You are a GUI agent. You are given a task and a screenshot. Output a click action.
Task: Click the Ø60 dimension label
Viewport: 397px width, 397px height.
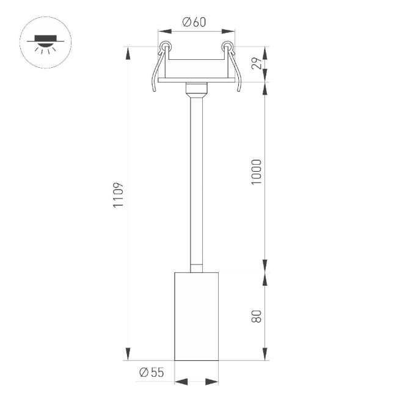coord(194,22)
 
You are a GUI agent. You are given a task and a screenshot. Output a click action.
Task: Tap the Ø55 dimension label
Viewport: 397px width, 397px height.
coord(151,372)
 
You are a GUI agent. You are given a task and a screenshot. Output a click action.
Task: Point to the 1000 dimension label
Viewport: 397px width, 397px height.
coord(257,173)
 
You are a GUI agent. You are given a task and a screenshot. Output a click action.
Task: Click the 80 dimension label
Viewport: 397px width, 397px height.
coord(257,316)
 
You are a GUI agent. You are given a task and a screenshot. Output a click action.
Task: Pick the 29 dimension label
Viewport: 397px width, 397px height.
coord(257,64)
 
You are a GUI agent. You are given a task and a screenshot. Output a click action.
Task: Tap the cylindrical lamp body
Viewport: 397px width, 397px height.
coord(196,316)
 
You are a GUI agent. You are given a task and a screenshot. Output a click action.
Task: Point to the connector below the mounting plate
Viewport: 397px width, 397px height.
coord(196,90)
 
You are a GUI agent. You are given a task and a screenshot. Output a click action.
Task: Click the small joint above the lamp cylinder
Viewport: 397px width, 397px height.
coord(196,267)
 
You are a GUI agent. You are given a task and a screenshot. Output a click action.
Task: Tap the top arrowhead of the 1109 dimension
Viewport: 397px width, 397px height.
coord(128,53)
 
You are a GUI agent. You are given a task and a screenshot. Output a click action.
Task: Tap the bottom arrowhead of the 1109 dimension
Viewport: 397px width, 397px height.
coord(128,354)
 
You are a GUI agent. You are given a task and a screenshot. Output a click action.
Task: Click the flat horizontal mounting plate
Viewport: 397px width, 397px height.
coord(196,79)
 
